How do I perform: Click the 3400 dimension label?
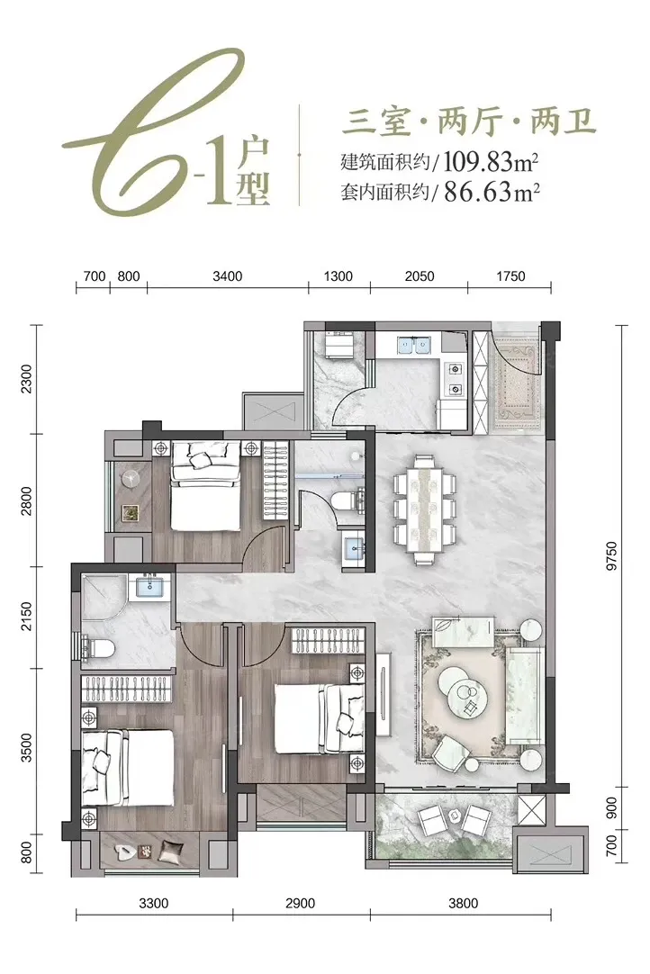[228, 276]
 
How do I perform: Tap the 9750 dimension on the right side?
[611, 556]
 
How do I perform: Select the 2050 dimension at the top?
[420, 276]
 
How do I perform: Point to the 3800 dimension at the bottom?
[463, 903]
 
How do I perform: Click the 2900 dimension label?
[300, 903]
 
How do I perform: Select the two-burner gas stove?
[456, 380]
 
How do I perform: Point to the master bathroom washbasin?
[149, 586]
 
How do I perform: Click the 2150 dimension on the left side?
[26, 617]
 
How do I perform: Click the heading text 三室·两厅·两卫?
[469, 122]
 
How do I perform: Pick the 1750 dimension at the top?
[510, 276]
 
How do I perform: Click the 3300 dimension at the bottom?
[153, 903]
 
